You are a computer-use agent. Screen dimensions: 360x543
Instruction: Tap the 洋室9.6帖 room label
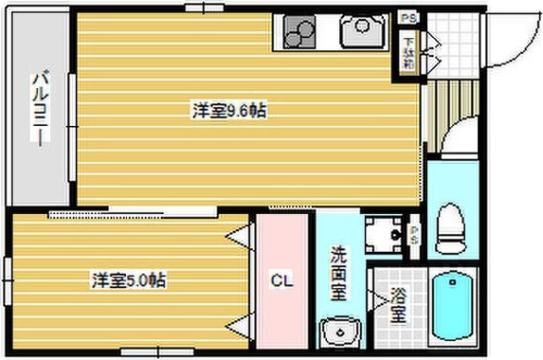pyautogui.click(x=228, y=111)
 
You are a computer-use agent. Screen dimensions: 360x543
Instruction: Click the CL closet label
pyautogui.click(x=281, y=280)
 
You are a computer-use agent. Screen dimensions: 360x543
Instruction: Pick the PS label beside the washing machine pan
pyautogui.click(x=416, y=233)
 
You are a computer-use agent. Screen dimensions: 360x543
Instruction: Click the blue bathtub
pyautogui.click(x=454, y=309)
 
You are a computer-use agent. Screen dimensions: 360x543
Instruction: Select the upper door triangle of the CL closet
pyautogui.click(x=243, y=234)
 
